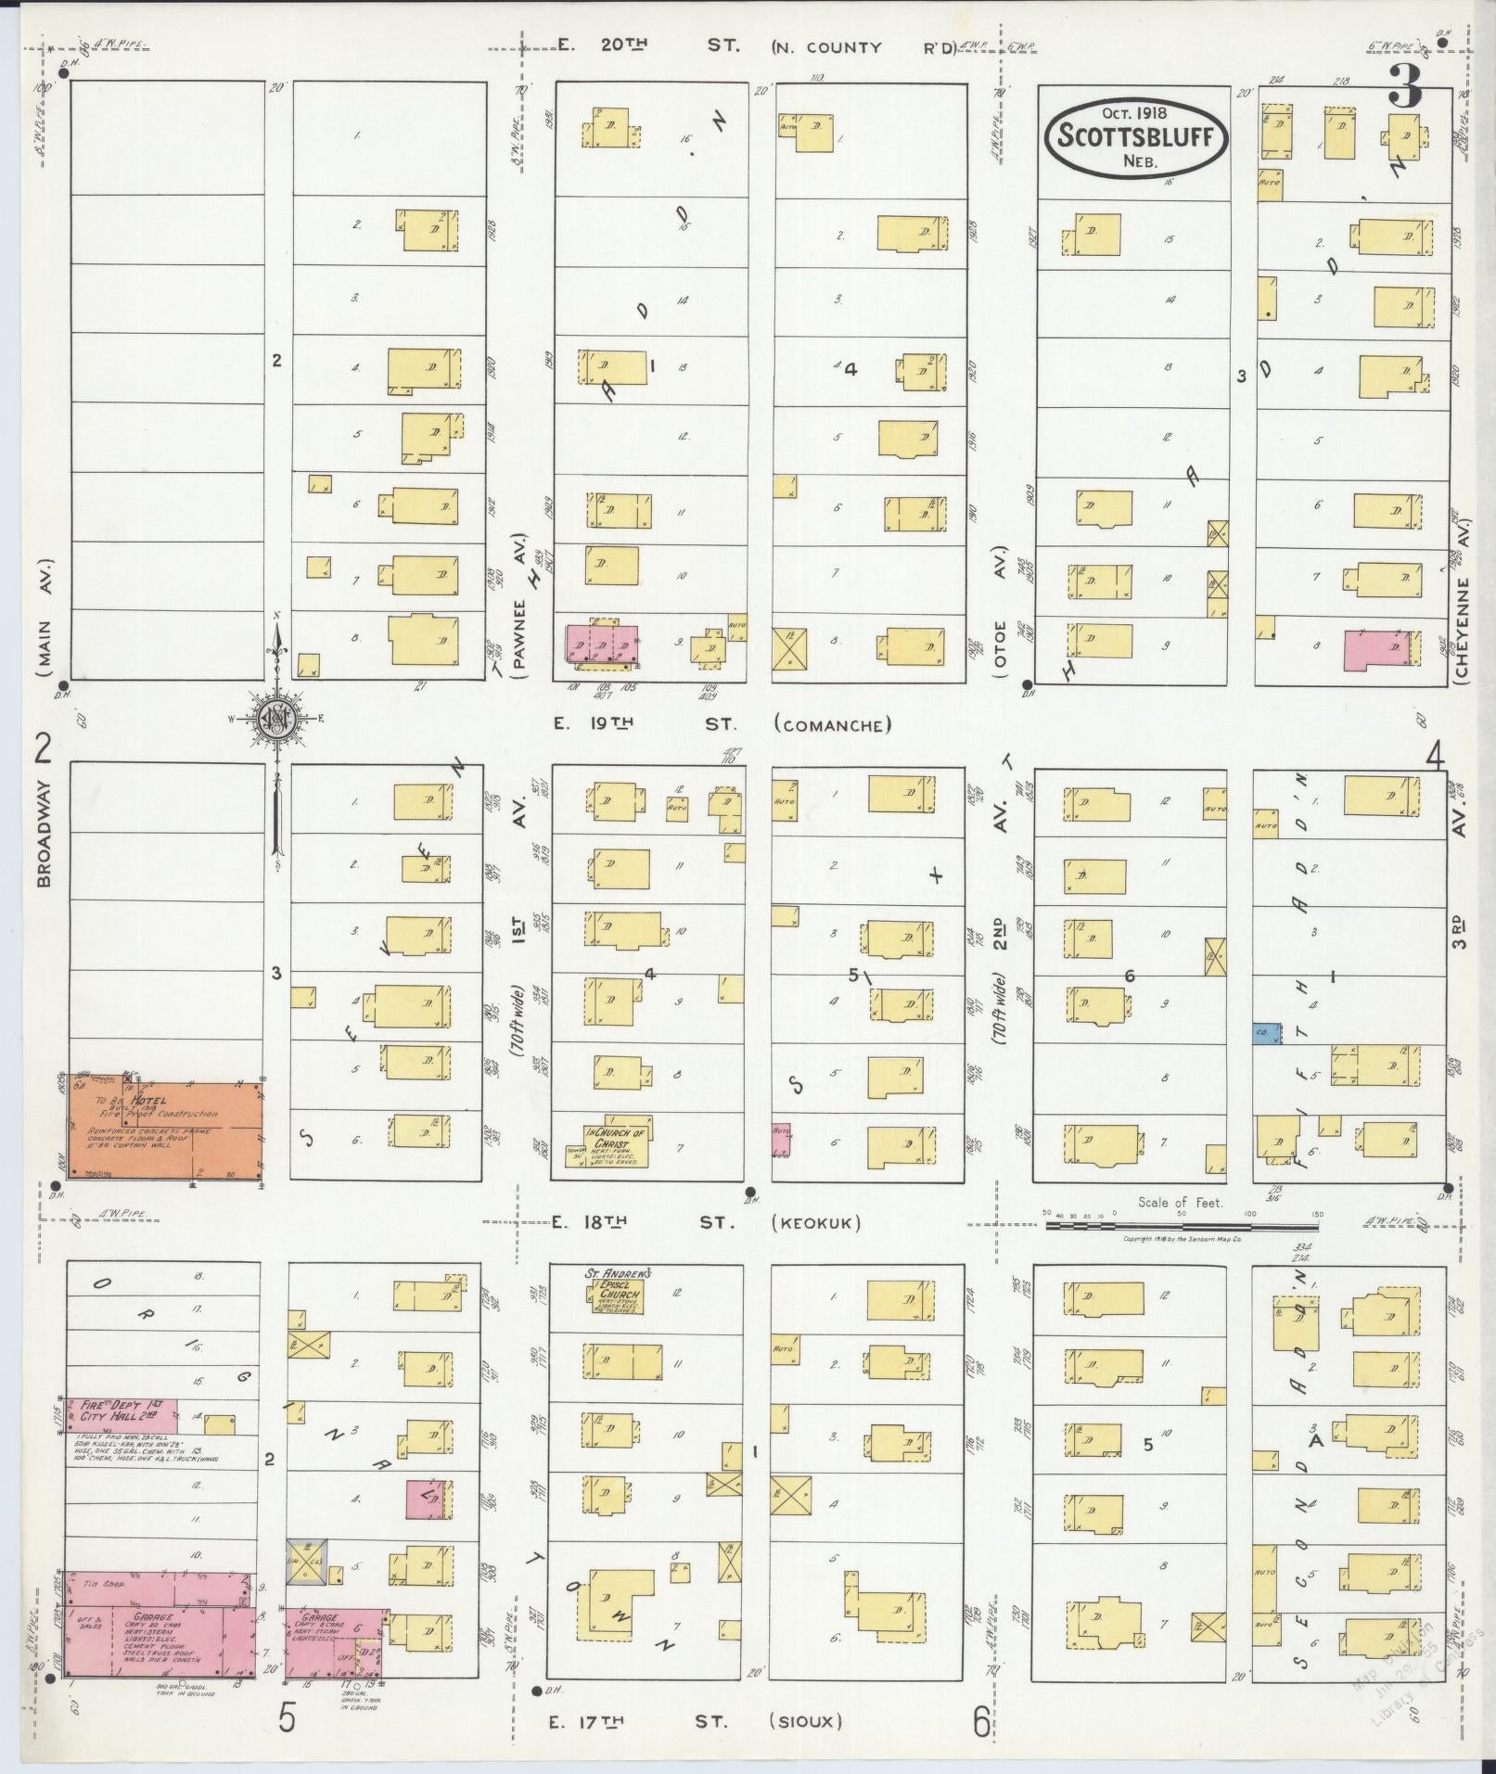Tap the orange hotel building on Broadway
tap(165, 1129)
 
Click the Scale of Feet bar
tap(1182, 1225)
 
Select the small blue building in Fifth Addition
tap(1266, 1034)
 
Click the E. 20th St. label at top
tap(649, 45)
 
